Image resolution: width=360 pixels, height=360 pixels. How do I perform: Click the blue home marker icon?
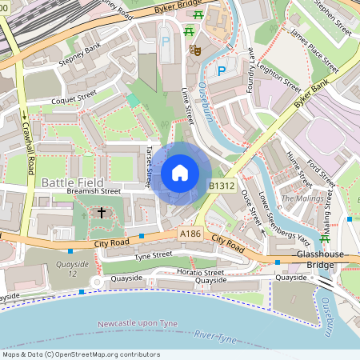click(x=180, y=172)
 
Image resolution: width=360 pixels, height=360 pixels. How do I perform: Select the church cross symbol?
click(x=102, y=213)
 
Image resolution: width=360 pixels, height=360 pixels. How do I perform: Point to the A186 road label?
click(x=190, y=233)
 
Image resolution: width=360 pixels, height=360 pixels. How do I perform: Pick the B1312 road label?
click(x=222, y=186)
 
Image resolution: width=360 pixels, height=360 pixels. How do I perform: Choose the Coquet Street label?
click(x=74, y=102)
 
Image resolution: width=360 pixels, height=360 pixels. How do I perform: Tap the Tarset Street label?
click(x=149, y=166)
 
